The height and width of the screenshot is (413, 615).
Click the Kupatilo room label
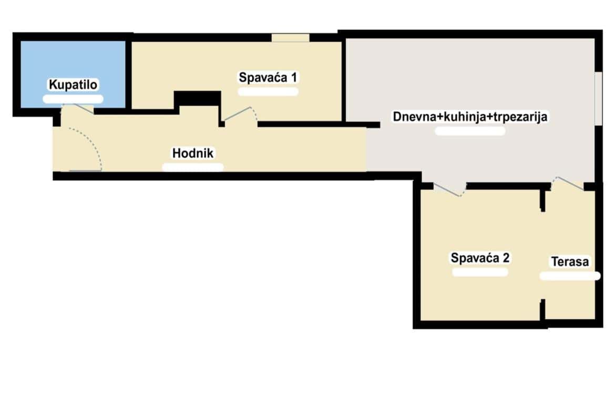point(73,84)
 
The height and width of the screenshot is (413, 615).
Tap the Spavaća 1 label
point(268,77)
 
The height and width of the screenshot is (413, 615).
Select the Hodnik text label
point(192,153)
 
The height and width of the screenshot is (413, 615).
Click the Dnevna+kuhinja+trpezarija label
point(470,117)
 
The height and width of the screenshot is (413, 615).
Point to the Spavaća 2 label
point(480,258)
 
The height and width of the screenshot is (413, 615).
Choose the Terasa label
point(570,261)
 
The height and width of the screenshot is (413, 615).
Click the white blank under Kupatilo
point(73,99)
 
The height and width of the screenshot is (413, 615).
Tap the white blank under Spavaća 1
point(268,92)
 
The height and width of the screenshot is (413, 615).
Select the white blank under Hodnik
point(192,167)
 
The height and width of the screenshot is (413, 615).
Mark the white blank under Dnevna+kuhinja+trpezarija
point(470,132)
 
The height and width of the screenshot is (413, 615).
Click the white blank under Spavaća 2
point(480,272)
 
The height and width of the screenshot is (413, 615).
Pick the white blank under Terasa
point(570,276)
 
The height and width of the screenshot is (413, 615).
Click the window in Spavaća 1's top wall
point(291,38)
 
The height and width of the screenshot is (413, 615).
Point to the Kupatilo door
point(78,109)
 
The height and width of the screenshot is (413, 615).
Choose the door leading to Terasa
point(568,183)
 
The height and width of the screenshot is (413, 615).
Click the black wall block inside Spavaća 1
point(197,98)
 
